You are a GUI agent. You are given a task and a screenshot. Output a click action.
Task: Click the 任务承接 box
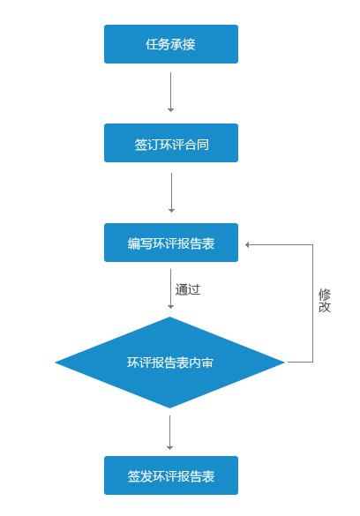171,44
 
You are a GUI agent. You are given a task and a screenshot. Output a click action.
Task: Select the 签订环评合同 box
171,143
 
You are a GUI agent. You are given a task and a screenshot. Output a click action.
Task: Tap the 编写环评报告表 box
171,243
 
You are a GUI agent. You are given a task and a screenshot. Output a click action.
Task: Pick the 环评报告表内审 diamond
169,363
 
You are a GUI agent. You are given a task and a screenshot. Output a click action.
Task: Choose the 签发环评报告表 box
171,475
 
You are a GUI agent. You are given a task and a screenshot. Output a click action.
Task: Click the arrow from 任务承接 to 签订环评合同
170,92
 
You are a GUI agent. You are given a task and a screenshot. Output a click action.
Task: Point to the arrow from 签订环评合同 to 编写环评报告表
171,192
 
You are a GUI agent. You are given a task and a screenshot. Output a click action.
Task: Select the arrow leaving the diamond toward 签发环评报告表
169,432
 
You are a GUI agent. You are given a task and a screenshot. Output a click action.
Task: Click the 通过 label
188,289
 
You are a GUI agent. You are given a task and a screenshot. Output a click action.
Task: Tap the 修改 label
325,301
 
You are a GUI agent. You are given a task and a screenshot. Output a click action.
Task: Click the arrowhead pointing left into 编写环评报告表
247,244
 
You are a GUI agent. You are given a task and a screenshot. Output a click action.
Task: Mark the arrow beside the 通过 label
170,289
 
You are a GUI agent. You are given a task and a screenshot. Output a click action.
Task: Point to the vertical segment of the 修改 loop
312,303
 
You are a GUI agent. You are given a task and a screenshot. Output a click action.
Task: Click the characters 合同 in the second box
197,145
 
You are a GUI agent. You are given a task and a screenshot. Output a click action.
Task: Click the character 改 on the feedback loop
325,307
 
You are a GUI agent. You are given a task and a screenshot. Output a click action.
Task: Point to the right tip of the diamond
284,363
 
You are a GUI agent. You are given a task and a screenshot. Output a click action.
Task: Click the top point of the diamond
169,318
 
